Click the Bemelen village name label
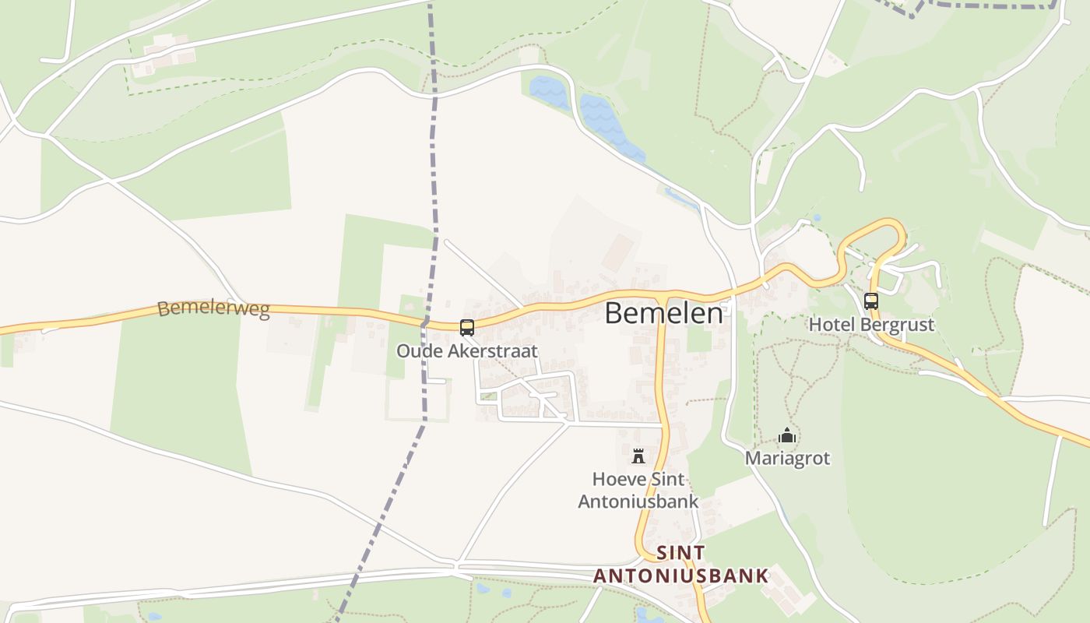pos(663,313)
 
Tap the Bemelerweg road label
pos(213,308)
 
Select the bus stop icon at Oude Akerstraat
pos(467,328)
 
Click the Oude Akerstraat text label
pos(467,351)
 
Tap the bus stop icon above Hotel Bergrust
pos(871,301)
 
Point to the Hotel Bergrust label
pos(871,325)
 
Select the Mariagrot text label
pos(788,458)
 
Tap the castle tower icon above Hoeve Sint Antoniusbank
pos(638,456)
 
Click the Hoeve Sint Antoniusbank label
pos(638,490)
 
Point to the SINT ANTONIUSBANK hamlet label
pos(681,565)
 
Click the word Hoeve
pos(619,479)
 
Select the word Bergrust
pos(894,325)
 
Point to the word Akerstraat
pos(491,351)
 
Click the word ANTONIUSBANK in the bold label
pos(681,576)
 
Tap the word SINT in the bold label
pos(681,553)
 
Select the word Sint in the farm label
pos(668,479)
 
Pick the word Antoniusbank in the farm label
pos(638,502)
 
